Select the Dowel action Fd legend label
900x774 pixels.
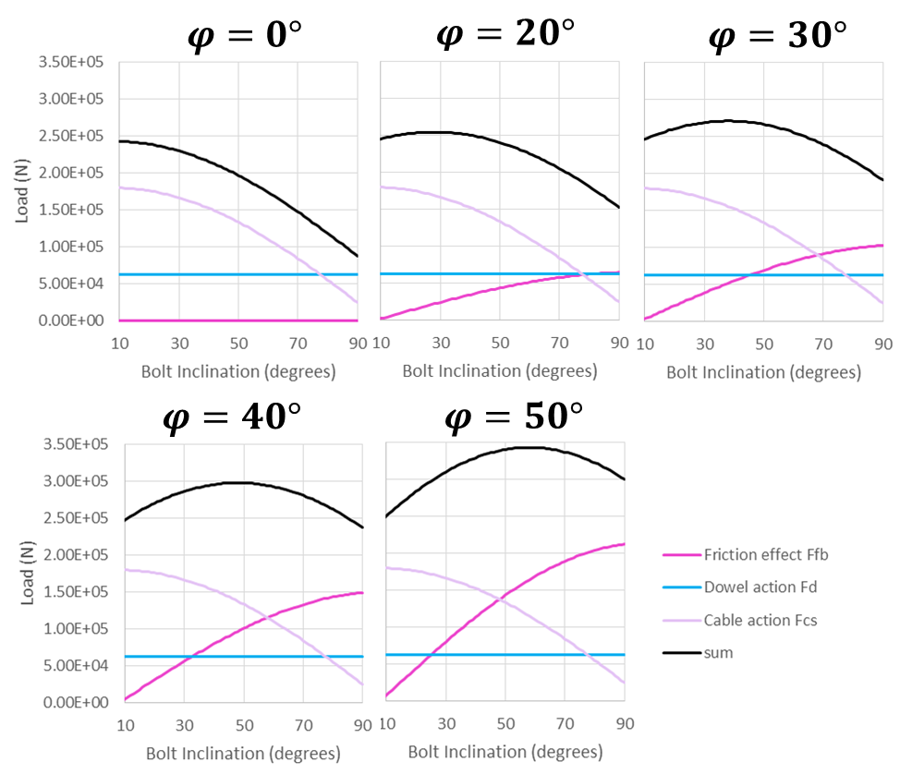[760, 587]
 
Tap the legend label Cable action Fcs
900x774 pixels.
[760, 620]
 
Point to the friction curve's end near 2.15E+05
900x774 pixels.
[624, 544]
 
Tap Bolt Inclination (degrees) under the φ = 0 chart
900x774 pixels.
[238, 370]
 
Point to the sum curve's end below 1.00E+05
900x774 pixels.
[357, 256]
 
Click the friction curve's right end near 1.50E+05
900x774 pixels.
[361, 593]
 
